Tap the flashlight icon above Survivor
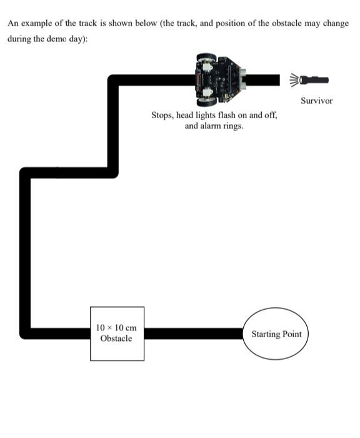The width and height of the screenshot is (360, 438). coord(315,79)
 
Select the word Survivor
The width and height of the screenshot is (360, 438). coord(316,100)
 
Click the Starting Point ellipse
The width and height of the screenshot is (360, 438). coord(276,334)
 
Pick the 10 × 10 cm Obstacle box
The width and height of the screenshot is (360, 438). coord(117,334)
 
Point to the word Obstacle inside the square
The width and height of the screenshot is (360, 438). coord(116,339)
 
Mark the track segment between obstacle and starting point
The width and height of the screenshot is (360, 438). coord(194,333)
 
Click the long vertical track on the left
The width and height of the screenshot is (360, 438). coord(25,250)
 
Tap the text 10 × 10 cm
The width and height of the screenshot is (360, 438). coord(116,328)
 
